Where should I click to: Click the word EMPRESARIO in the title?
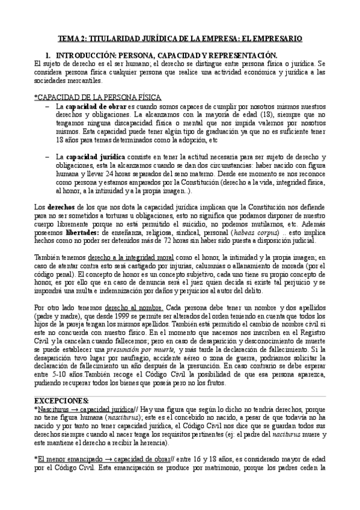point(275,38)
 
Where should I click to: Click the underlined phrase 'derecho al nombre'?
point(121,308)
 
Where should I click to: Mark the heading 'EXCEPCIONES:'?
point(61,401)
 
